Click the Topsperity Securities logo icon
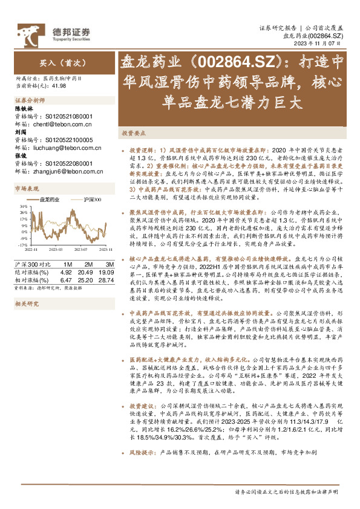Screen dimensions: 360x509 [x=26, y=31]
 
